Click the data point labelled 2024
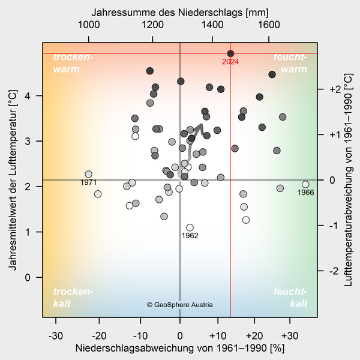tap(231, 54)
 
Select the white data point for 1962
tap(190, 227)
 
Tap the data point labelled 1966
tap(305, 184)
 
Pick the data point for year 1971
tap(88, 174)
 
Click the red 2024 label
tap(230, 62)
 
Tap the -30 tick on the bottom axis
tap(55, 335)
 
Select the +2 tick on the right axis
tap(335, 89)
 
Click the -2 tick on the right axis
tap(335, 271)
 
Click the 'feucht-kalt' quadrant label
tap(290, 298)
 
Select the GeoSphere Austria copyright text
tap(180, 305)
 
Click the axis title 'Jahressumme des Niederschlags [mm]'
tap(179, 11)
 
